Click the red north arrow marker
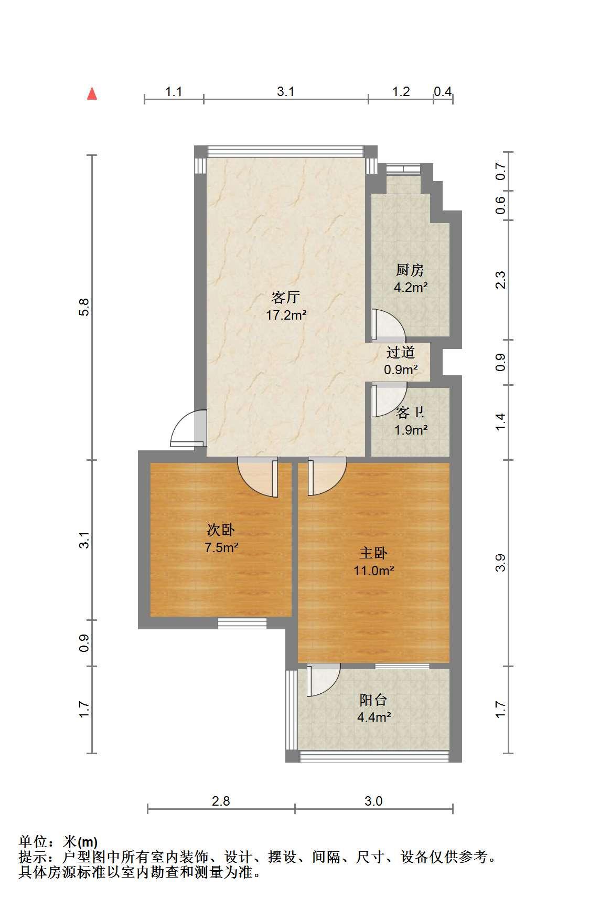pos(92,93)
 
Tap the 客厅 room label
pos(286,298)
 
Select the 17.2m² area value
pos(286,315)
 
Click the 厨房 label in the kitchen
pos(410,270)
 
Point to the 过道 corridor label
pos(401,352)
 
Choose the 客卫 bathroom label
pos(410,413)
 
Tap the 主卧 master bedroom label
pos(373,553)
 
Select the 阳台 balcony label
pos(373,700)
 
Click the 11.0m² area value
pos(373,571)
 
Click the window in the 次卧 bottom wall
pos(242,623)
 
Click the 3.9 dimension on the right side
pos(500,563)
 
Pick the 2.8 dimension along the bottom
pos(221,801)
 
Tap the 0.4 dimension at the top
pos(443,91)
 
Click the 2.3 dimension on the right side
pos(500,280)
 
